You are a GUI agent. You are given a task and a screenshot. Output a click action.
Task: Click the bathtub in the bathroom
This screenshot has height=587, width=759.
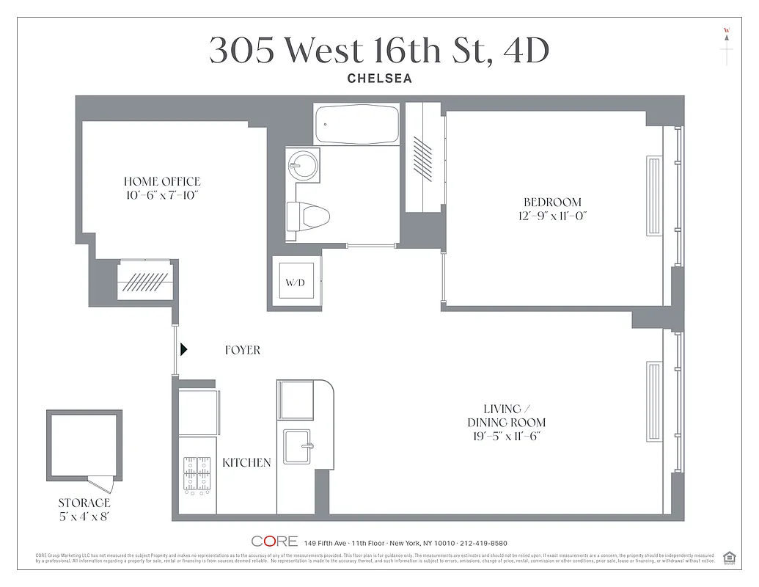click(x=356, y=125)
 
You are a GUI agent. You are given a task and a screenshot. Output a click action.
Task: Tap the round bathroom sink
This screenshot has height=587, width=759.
click(x=301, y=166)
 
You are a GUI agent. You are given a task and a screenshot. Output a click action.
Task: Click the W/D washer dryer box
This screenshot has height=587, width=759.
click(x=294, y=282)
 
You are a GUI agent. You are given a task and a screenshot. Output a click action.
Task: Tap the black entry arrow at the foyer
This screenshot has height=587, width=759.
click(x=184, y=350)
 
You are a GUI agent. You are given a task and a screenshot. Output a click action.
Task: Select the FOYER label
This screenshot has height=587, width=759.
click(x=242, y=351)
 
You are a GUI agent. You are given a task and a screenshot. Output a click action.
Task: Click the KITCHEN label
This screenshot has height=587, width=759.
click(x=246, y=463)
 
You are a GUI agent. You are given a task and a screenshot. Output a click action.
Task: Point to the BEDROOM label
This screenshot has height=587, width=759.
click(x=551, y=203)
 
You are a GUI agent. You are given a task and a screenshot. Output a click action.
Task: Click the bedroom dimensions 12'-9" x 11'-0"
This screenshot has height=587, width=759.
click(x=551, y=216)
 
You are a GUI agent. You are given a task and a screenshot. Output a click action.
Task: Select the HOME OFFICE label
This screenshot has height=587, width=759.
click(x=161, y=182)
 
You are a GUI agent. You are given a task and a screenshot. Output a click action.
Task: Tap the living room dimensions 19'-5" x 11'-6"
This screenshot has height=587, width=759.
click(x=506, y=437)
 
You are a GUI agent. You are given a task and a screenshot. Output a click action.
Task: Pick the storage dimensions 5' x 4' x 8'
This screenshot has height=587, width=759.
click(x=84, y=516)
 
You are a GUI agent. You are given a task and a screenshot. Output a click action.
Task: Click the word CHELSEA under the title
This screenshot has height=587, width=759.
click(x=379, y=79)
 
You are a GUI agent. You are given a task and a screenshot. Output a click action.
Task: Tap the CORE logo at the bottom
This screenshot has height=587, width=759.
click(x=274, y=542)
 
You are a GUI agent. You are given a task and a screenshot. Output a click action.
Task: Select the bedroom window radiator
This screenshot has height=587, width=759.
click(x=653, y=195)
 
